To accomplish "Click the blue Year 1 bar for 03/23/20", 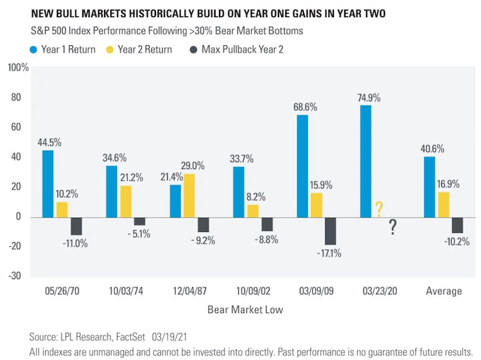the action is pos(365,162).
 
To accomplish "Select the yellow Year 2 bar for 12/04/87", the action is pos(189,196).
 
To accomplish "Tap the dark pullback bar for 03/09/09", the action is pos(330,231).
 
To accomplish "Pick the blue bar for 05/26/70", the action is pos(48,184).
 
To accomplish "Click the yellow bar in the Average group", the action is pos(443,205).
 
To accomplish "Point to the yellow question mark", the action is pos(379,209).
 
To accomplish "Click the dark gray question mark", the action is pos(393,227).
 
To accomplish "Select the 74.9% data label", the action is pos(369,98).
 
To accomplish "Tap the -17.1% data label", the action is pos(329,253).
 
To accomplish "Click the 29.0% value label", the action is pos(193,166).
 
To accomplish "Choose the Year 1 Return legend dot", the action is pos(34,50).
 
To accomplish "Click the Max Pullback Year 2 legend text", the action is pos(242,49).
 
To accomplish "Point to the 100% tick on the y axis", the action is pos(18,68).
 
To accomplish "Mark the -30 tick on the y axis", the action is pos(14,276).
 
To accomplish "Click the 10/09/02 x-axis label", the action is pos(253,291).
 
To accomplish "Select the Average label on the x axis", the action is pos(443,291).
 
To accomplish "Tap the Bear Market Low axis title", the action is pos(245,309).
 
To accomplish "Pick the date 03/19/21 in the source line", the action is pos(169,337).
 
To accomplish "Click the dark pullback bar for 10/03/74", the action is pos(140,222).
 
